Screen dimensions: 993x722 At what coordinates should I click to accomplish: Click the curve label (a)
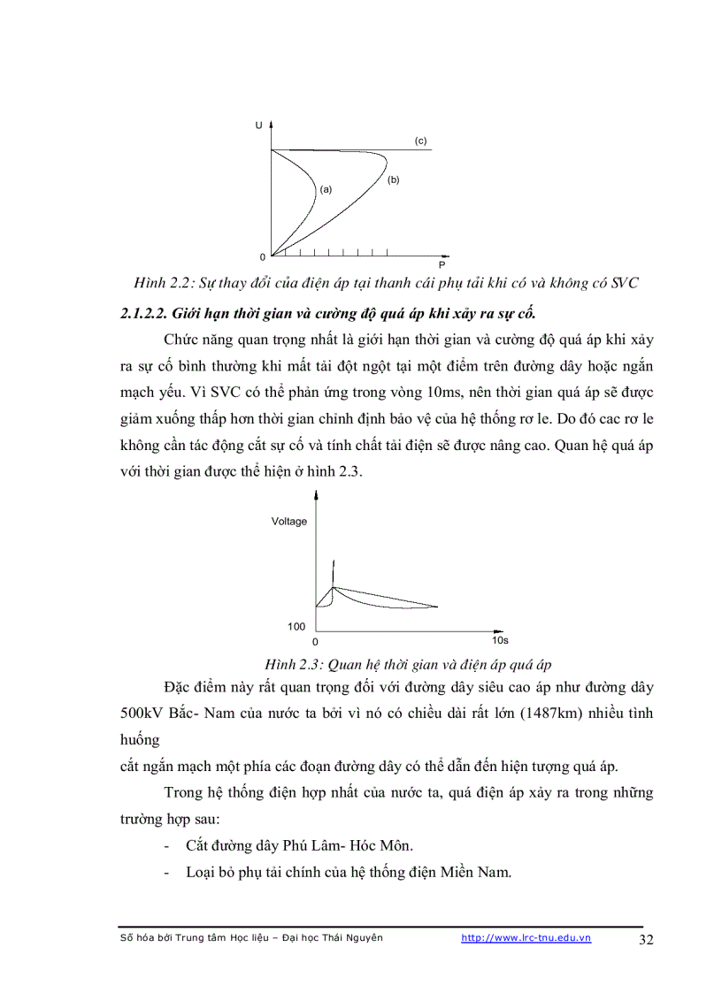click(x=325, y=189)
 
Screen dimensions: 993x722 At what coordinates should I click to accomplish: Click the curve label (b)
click(x=393, y=180)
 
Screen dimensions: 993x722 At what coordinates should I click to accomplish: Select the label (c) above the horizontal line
click(x=420, y=141)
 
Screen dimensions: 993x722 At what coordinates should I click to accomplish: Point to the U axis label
click(x=258, y=126)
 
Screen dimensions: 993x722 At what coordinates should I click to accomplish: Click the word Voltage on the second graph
click(x=288, y=522)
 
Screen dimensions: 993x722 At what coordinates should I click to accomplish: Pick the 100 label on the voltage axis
click(x=296, y=626)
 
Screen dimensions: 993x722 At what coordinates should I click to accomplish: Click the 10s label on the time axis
click(x=500, y=639)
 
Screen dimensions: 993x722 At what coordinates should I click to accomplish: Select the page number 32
click(x=646, y=940)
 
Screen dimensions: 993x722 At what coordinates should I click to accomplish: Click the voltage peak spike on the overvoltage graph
click(x=333, y=568)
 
